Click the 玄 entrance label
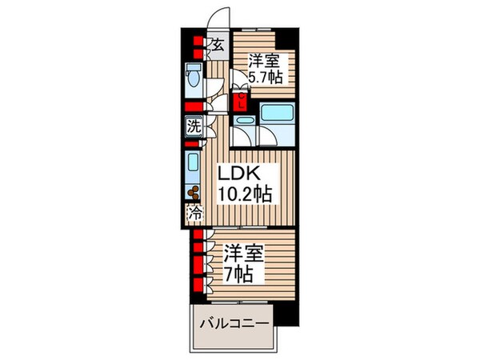coord(215,45)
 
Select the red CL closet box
coord(239,101)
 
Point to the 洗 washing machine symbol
coord(193,126)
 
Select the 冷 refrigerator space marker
coord(193,214)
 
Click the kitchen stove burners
coord(193,192)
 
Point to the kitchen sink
coord(193,167)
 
